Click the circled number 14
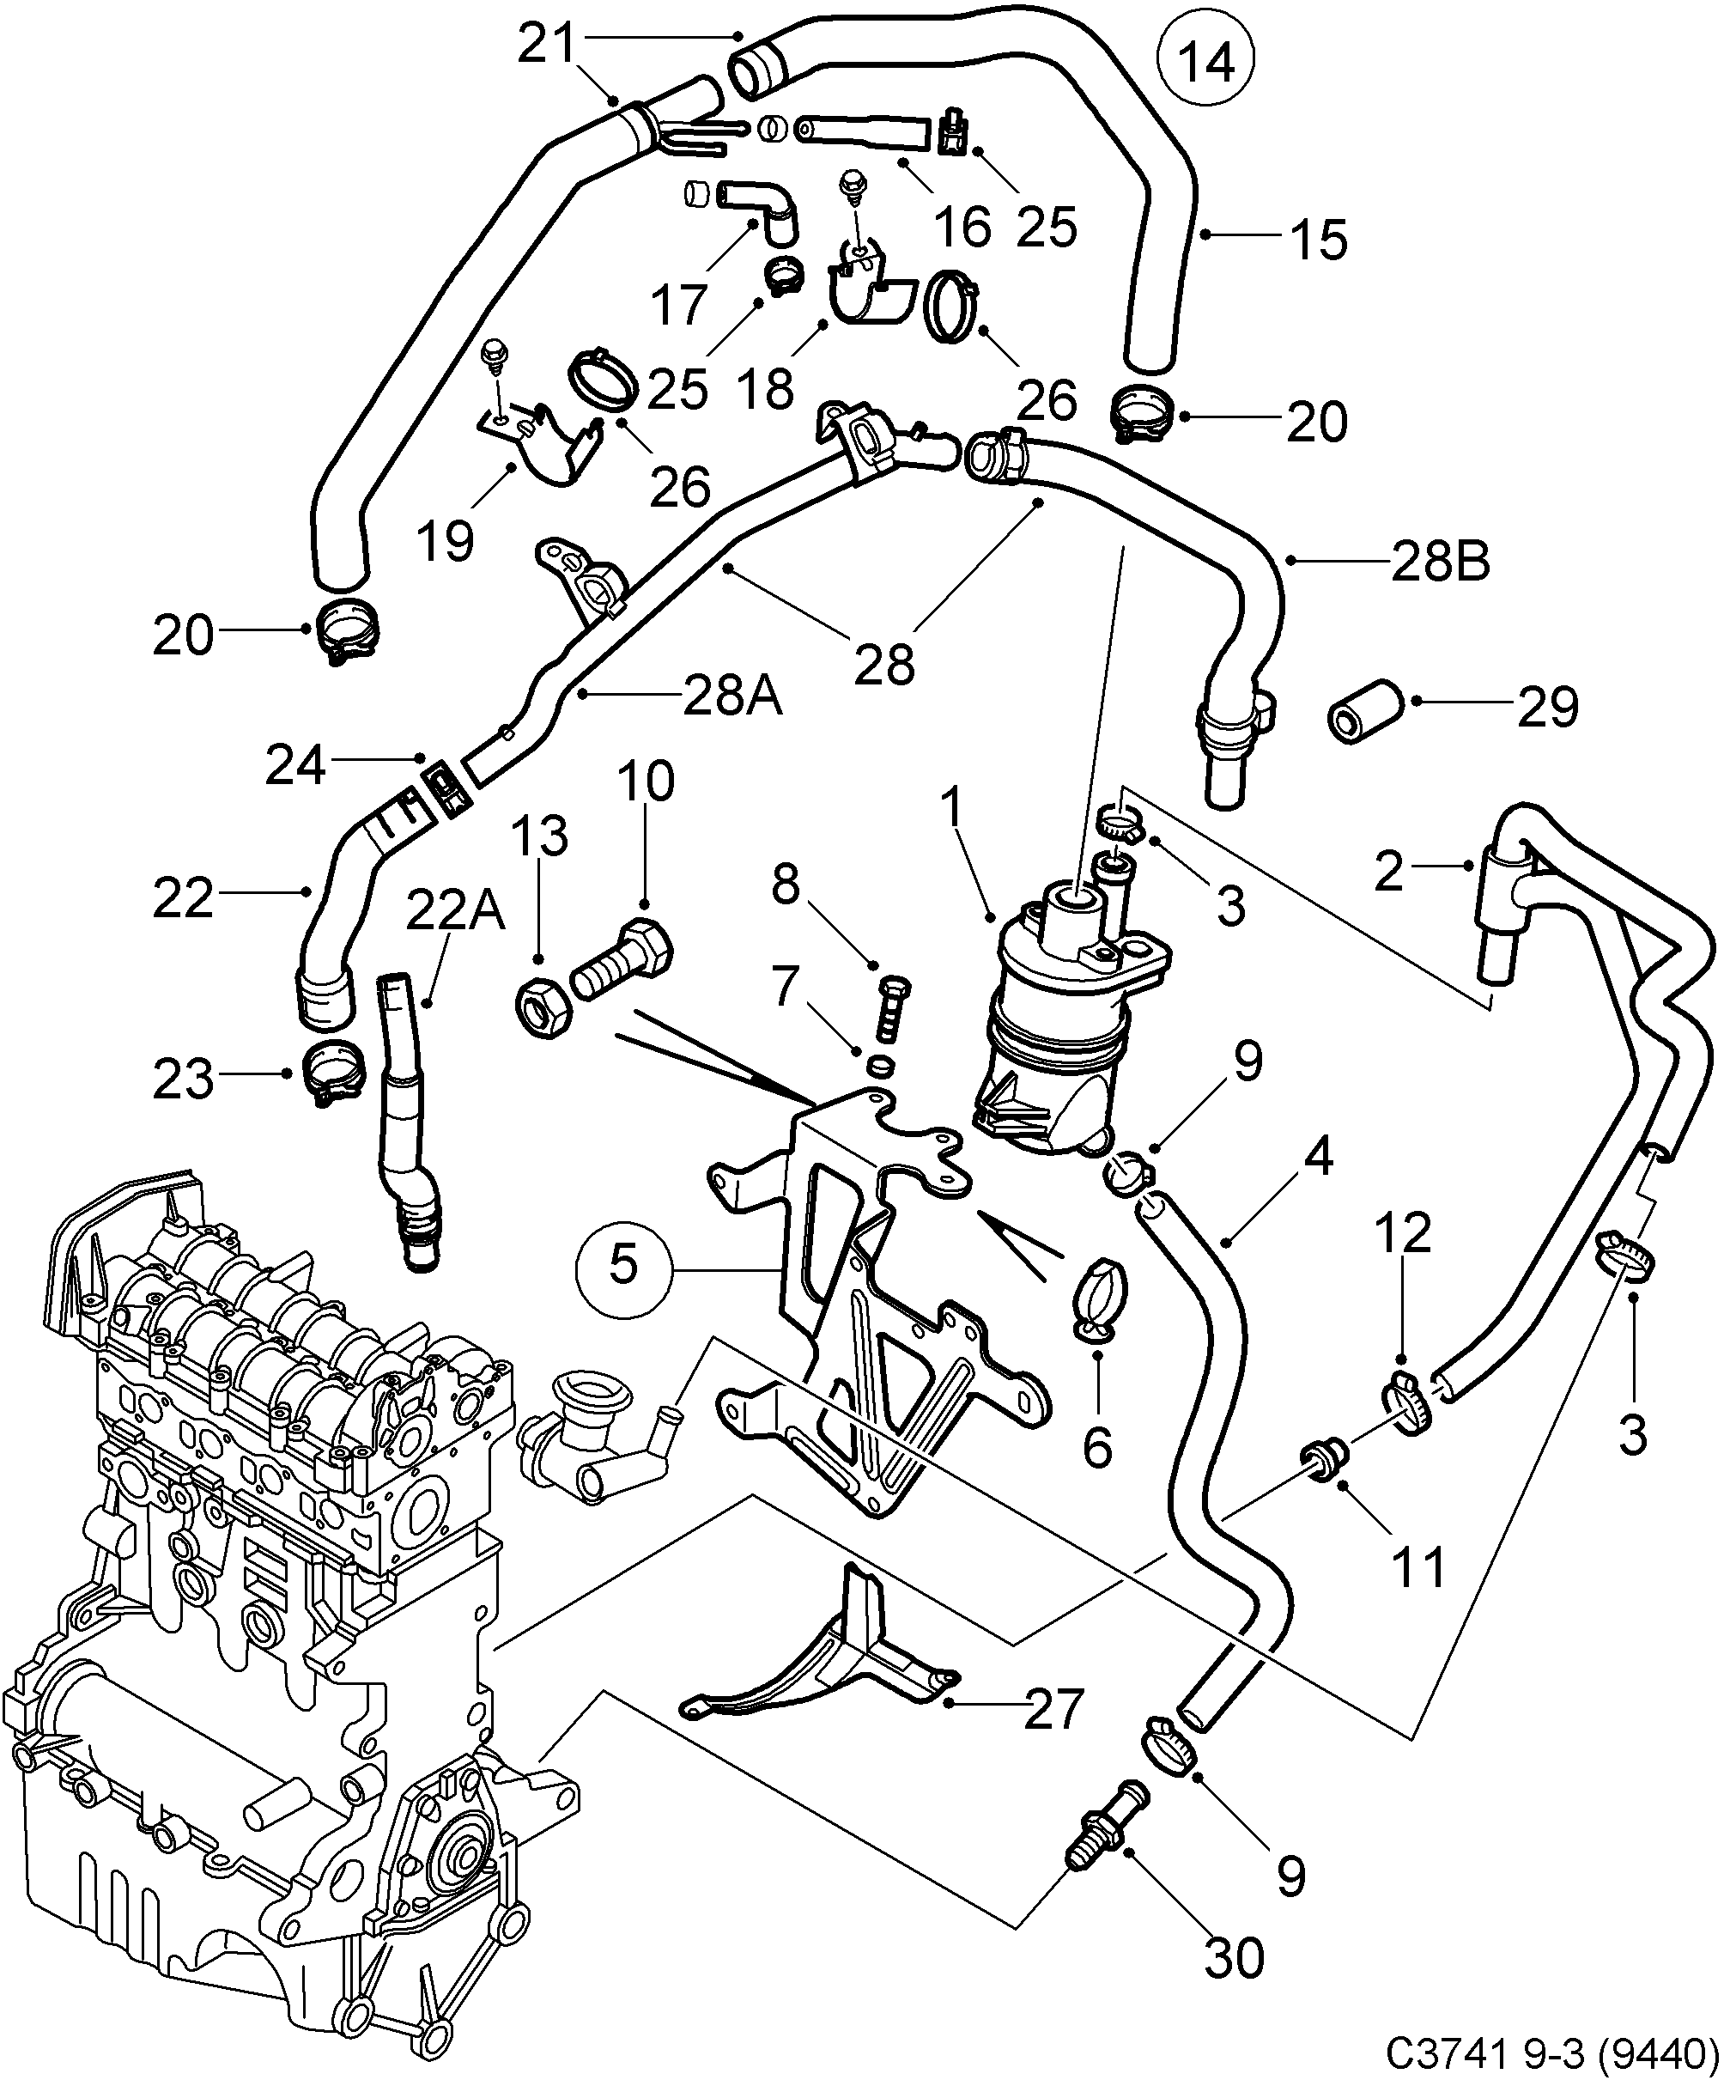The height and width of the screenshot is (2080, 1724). coord(1206,62)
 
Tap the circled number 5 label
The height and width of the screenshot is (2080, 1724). coord(622,1265)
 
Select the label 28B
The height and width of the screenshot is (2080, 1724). coord(1440,562)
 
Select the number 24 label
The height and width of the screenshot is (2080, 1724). coord(295,766)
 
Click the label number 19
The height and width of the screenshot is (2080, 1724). coord(446,541)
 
